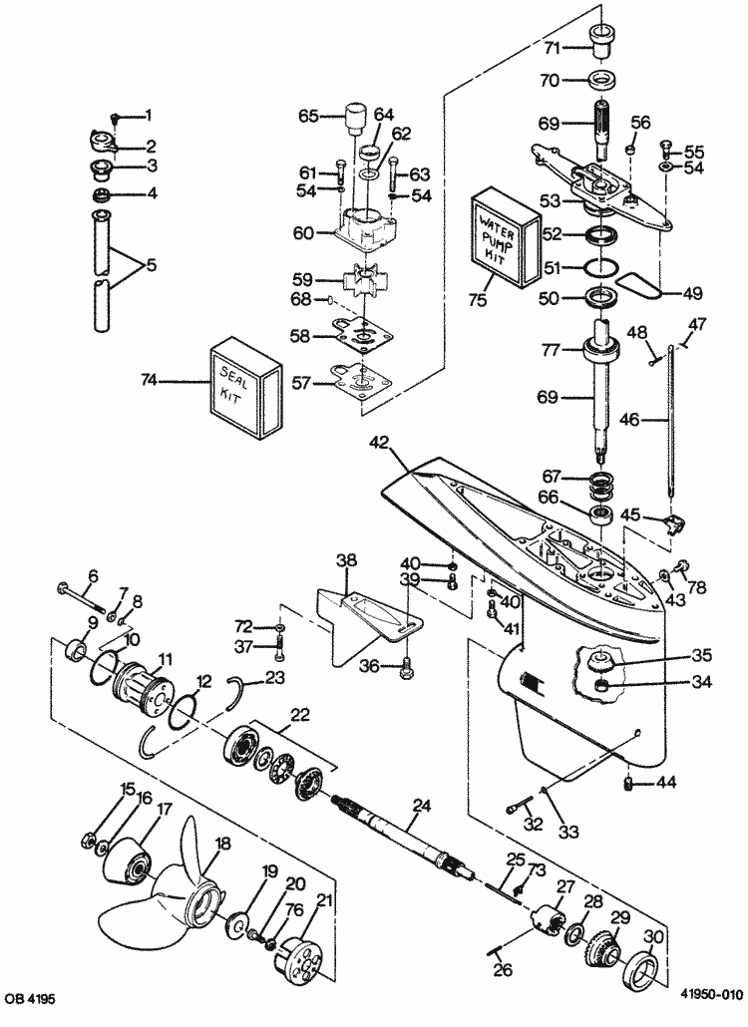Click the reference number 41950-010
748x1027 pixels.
[711, 994]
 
